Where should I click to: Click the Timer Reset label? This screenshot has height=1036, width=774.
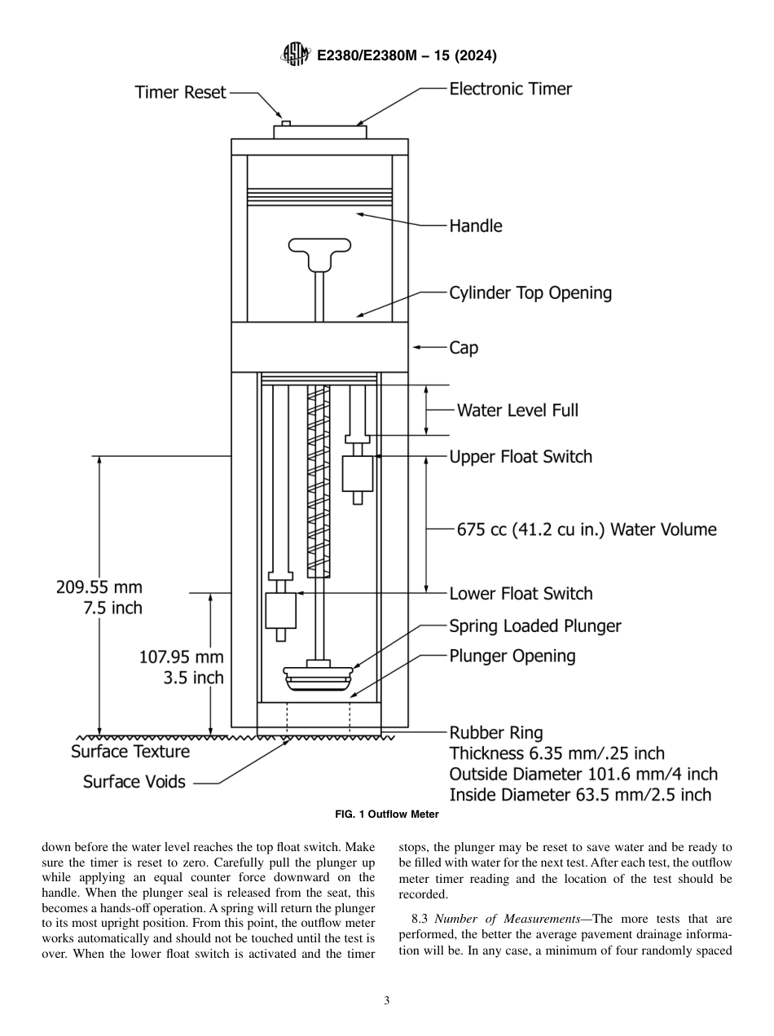180,93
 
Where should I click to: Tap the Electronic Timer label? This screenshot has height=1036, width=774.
511,89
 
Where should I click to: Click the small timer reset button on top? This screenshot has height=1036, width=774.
286,123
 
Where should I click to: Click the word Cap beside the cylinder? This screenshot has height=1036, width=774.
464,348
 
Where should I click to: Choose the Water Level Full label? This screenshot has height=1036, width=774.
517,410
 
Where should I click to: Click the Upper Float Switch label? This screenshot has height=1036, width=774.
521,457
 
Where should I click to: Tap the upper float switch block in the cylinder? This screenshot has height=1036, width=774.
358,474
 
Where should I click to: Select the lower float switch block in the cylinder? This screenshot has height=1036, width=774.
280,610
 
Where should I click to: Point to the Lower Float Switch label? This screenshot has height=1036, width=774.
521,594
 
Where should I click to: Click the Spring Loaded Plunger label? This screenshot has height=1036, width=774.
535,626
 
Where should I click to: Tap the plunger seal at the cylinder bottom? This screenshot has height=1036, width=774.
319,677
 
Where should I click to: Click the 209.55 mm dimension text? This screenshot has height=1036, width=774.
99,586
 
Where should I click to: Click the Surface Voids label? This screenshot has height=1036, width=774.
134,782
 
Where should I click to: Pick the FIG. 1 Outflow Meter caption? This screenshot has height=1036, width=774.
387,814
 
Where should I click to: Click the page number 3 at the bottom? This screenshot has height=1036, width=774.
387,1001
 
